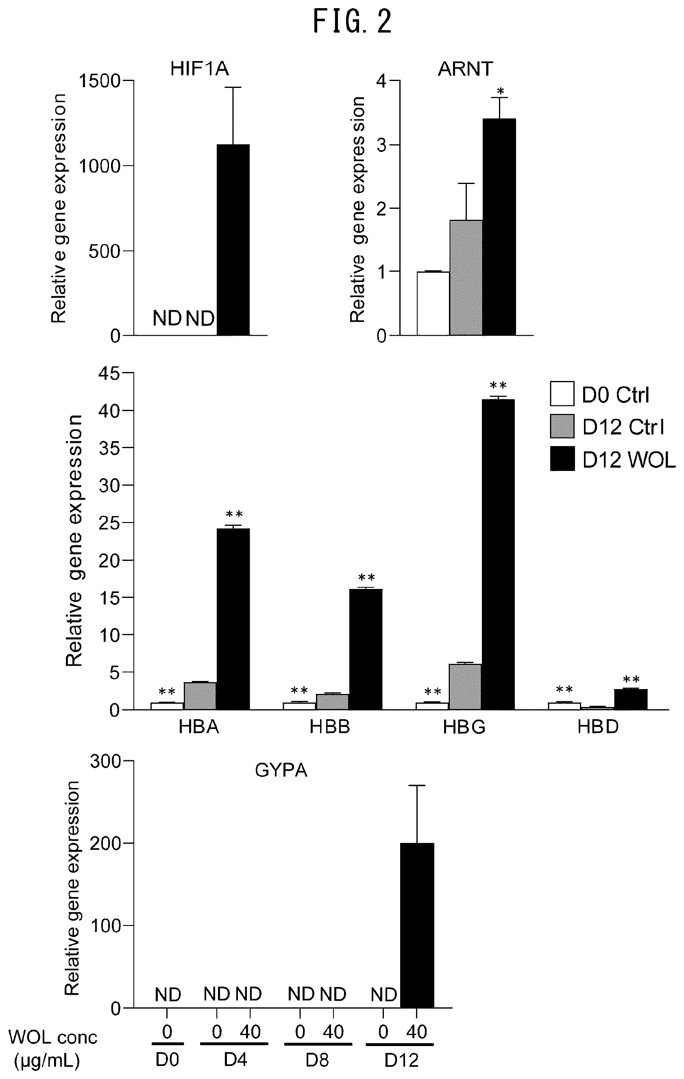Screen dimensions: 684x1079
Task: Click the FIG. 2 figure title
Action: [352, 22]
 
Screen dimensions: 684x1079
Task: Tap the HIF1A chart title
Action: [200, 68]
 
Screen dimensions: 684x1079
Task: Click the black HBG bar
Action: [498, 554]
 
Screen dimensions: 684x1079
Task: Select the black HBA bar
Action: [233, 619]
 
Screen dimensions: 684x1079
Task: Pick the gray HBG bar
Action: [465, 687]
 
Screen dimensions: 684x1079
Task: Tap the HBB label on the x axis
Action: [330, 727]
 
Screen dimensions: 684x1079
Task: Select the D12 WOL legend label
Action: [629, 460]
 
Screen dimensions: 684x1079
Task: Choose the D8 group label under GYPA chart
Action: [317, 1060]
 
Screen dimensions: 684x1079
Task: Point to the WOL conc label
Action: [53, 1037]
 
